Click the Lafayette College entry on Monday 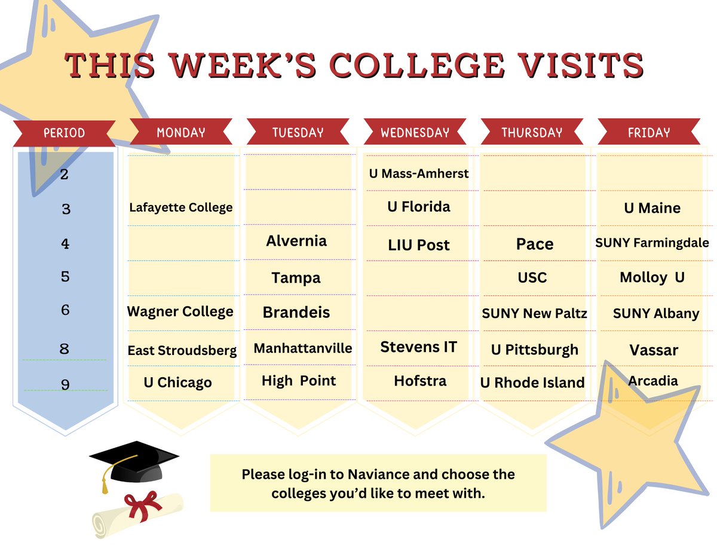pyautogui.click(x=180, y=208)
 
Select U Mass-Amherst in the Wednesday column pyautogui.click(x=419, y=174)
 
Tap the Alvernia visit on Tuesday pyautogui.click(x=296, y=241)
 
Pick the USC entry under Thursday pyautogui.click(x=532, y=278)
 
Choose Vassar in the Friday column pyautogui.click(x=654, y=350)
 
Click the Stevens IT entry pyautogui.click(x=418, y=347)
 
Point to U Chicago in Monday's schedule pyautogui.click(x=177, y=382)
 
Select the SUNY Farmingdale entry pyautogui.click(x=652, y=243)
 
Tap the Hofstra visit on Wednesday pyautogui.click(x=420, y=381)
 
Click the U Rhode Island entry pyautogui.click(x=532, y=382)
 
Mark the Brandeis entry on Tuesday pyautogui.click(x=296, y=312)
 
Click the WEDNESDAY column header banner pyautogui.click(x=415, y=133)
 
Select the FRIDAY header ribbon pyautogui.click(x=649, y=133)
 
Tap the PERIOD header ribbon pyautogui.click(x=64, y=133)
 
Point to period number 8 pyautogui.click(x=65, y=349)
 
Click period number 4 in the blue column pyautogui.click(x=65, y=244)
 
